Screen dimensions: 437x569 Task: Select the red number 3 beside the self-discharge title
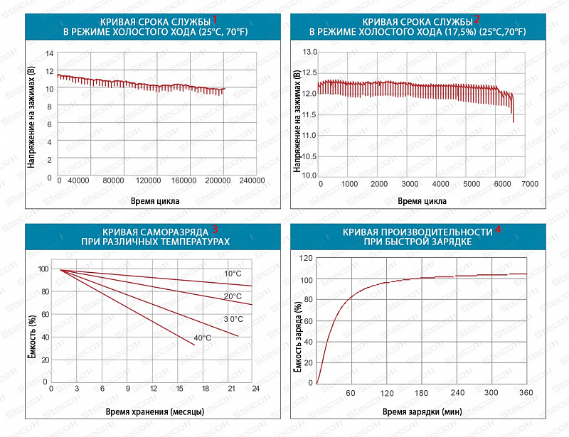tap(215, 229)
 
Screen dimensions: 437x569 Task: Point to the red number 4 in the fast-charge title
tap(498, 230)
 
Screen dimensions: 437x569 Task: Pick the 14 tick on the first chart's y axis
tap(48, 53)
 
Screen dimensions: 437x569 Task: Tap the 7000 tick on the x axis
tap(529, 183)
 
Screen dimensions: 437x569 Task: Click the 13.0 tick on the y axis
tap(309, 52)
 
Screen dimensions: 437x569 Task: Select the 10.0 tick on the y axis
tap(309, 175)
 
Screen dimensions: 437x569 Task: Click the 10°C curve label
tap(233, 274)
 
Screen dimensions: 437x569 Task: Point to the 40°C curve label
tap(202, 337)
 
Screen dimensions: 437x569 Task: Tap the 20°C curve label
tap(233, 296)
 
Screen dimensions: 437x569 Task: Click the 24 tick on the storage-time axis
tap(255, 389)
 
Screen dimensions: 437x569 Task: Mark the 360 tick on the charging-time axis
tap(526, 392)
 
